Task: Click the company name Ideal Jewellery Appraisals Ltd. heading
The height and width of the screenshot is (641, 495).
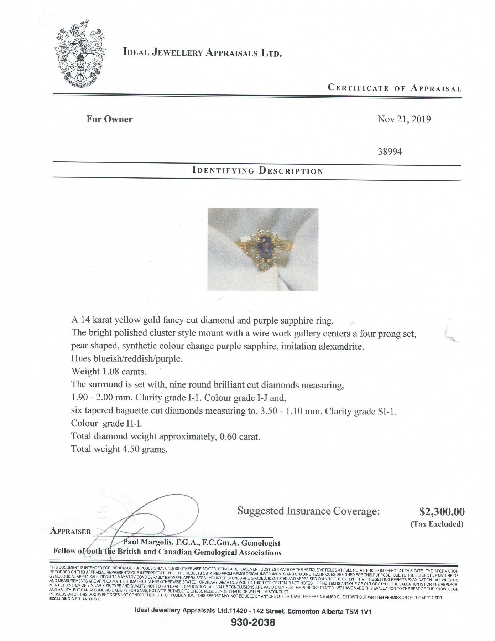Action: coord(202,53)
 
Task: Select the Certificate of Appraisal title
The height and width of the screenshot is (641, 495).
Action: coord(394,88)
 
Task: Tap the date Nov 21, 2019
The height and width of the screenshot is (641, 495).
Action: coord(404,119)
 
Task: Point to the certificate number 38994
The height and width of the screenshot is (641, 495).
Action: coord(390,151)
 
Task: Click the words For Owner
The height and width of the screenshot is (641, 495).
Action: coord(109,119)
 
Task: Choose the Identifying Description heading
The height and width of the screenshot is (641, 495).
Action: coord(257,170)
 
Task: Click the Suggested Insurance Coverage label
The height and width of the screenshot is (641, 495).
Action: coord(308,511)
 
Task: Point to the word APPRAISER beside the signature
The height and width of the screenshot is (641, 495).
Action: coord(71,531)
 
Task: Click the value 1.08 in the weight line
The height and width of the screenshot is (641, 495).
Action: coord(111,372)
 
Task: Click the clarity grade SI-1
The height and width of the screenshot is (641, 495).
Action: coord(386,411)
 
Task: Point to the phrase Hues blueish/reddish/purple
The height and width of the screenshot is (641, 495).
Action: coord(127,359)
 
